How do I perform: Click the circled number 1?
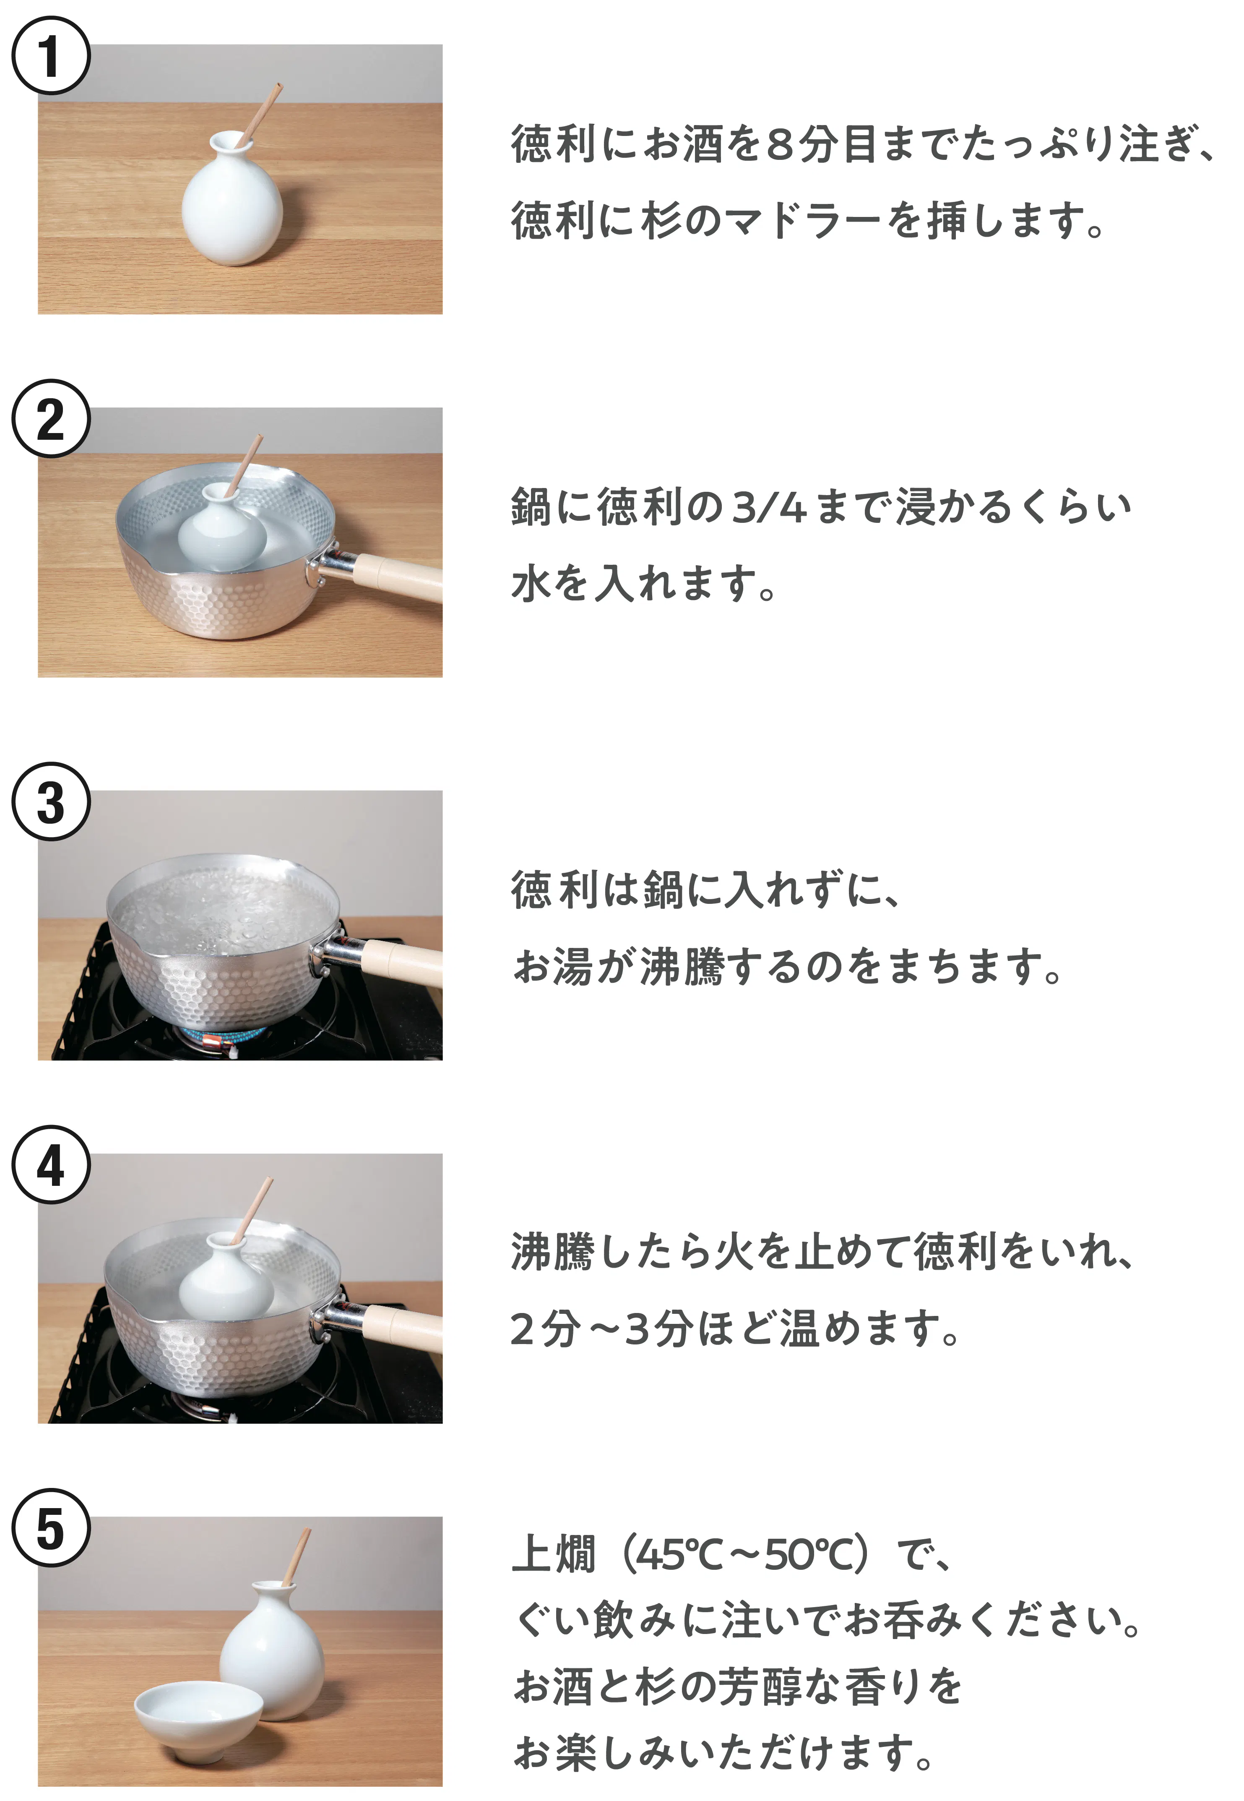[51, 56]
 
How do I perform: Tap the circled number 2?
[51, 419]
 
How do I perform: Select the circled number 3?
[51, 801]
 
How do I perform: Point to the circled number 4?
[51, 1165]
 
